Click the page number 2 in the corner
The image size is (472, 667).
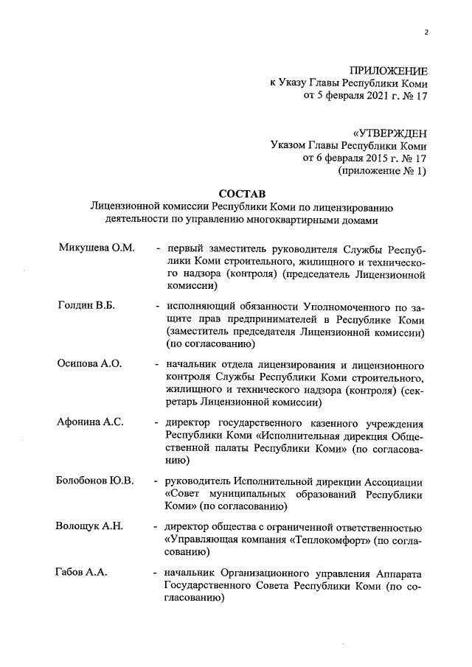click(x=426, y=32)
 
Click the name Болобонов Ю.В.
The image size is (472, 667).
click(x=95, y=481)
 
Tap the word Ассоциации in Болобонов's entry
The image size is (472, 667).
click(x=398, y=481)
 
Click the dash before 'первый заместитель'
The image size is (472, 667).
click(x=158, y=248)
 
